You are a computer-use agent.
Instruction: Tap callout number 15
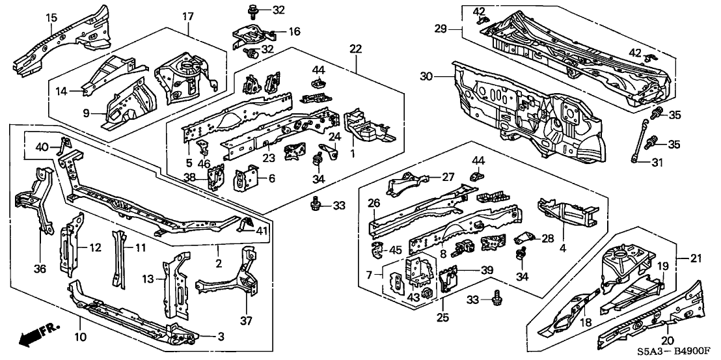(x=51, y=16)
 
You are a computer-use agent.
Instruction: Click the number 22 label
(x=355, y=49)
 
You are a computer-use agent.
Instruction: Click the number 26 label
(x=374, y=202)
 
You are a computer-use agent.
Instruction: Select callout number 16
(x=293, y=31)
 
